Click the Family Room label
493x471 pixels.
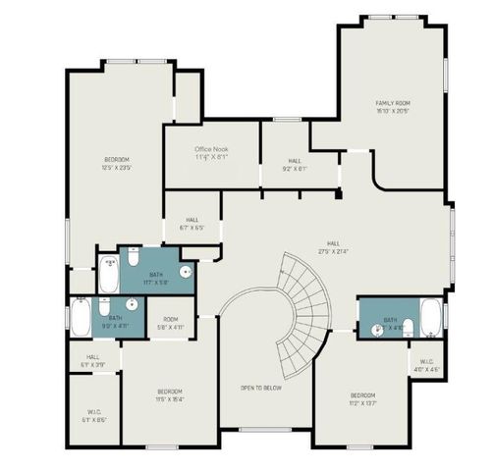pyautogui.click(x=392, y=107)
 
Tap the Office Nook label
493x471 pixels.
pyautogui.click(x=210, y=152)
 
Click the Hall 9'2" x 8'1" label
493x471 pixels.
pyautogui.click(x=295, y=164)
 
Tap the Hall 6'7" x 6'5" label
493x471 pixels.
pyautogui.click(x=192, y=224)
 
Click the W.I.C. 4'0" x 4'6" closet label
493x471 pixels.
pyautogui.click(x=427, y=366)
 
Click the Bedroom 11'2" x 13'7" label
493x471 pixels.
pyautogui.click(x=363, y=398)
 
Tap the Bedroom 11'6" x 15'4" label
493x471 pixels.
pyautogui.click(x=169, y=395)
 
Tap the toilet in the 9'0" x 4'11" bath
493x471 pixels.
pyautogui.click(x=104, y=309)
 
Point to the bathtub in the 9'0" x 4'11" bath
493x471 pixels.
pyautogui.click(x=81, y=317)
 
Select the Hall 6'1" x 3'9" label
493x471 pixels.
pyautogui.click(x=92, y=360)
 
